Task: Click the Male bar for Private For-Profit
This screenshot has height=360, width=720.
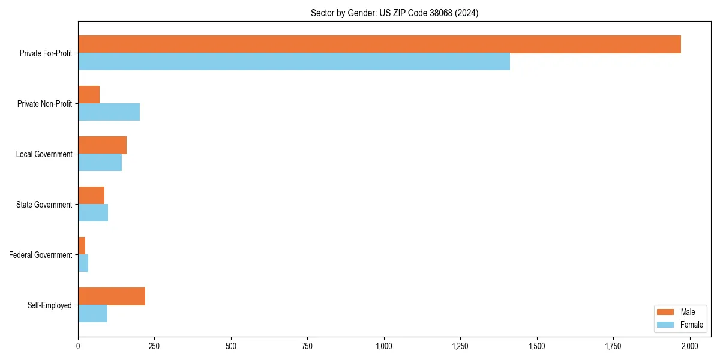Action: click(x=379, y=44)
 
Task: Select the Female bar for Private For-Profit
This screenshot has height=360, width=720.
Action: click(x=294, y=62)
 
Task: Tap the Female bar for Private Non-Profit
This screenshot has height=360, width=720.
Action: click(x=109, y=112)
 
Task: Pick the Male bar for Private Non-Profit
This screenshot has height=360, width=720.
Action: click(x=89, y=95)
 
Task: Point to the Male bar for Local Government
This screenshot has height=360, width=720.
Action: click(x=102, y=145)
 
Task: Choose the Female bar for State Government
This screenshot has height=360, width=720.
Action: click(x=93, y=213)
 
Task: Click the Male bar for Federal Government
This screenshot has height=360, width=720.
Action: click(x=82, y=246)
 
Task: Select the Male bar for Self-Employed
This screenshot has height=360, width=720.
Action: click(x=112, y=296)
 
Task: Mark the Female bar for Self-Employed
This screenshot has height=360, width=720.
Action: click(x=92, y=314)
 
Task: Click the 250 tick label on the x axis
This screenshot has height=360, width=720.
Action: click(x=154, y=346)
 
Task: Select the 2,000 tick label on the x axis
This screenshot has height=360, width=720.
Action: click(x=690, y=346)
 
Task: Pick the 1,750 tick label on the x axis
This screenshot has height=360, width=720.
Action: click(x=613, y=346)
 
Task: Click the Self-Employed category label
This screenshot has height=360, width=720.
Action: click(x=50, y=305)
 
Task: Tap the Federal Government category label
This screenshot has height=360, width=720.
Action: click(x=41, y=255)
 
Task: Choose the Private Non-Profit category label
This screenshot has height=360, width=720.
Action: click(x=44, y=104)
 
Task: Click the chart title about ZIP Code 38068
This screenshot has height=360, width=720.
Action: click(x=394, y=13)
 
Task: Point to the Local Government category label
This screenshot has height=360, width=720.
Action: click(x=44, y=154)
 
